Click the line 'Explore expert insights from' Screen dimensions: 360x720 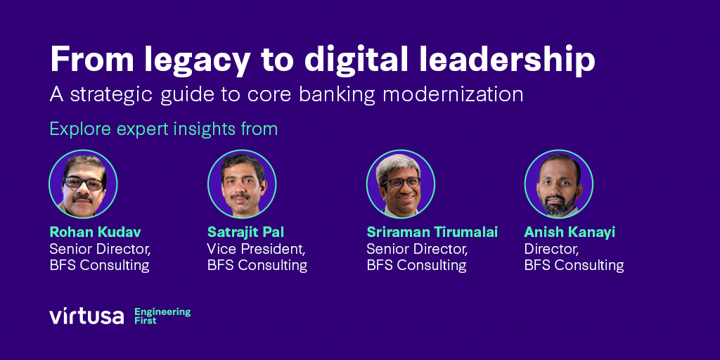coord(163,129)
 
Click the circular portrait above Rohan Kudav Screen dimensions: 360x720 coord(83,184)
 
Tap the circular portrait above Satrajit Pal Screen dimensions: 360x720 coord(241,184)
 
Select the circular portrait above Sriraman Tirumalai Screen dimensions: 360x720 coord(400,184)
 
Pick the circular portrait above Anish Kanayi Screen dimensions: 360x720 coord(559,184)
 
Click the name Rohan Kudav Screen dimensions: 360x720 coord(91,232)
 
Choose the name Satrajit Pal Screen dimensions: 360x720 coord(245,232)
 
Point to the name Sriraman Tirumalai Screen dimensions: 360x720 coord(432,232)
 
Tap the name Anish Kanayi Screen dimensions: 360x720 coord(570,232)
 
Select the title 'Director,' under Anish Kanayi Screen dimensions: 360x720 coord(551,249)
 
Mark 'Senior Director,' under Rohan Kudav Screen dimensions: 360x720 coord(100,249)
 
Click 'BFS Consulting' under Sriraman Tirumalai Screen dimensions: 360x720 coord(416,265)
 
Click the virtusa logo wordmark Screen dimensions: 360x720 coord(86,316)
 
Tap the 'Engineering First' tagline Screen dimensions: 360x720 coord(162,316)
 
